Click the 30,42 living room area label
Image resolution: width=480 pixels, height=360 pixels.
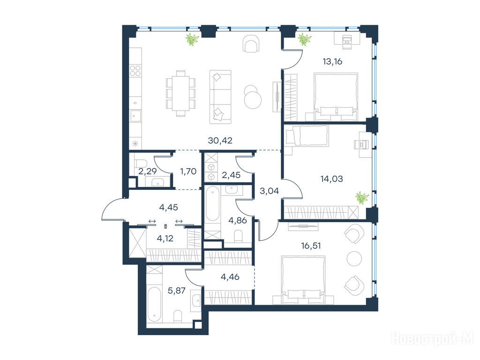coord(220,141)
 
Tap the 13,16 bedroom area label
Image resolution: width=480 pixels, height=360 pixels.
coord(332,61)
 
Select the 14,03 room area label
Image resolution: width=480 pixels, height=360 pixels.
coord(331,179)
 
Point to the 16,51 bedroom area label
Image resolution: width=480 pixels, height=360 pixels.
coord(311,246)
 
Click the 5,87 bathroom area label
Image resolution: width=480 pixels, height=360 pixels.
coord(177,290)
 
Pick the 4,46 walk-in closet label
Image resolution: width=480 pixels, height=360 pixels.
coord(230,277)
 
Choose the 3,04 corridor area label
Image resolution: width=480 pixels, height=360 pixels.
coord(270,191)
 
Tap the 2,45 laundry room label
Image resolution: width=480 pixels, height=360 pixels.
coord(231,175)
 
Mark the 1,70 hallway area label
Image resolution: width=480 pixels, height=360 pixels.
coord(188,172)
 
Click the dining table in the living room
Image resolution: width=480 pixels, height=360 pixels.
coord(180,94)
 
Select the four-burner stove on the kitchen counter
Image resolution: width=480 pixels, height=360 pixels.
coord(135,71)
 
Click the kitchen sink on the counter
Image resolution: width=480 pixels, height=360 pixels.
coord(135,115)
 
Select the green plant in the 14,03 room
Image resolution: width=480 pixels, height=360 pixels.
coord(362,197)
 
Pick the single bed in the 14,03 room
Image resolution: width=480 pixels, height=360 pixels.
coord(307,135)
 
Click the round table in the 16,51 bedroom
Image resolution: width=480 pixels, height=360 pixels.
coord(354,259)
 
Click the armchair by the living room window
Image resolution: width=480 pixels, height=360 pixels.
coord(251,44)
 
